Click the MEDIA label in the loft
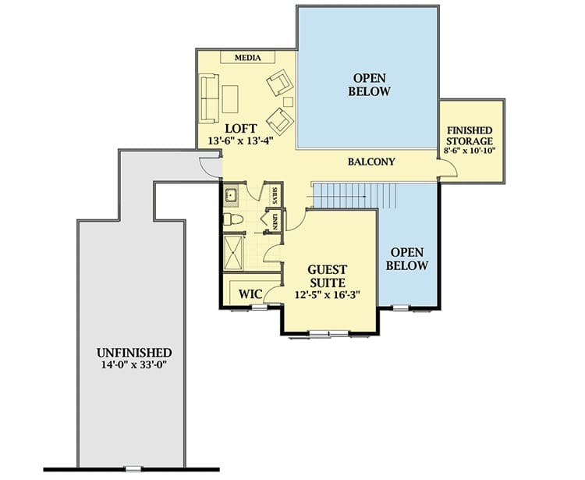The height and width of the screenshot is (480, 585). pos(248,58)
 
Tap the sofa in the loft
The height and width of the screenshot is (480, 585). pos(209,98)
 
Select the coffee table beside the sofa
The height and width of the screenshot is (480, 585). pos(230,99)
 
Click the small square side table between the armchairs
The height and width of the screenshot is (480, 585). pos(288,101)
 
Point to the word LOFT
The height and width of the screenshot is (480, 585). pos(241,129)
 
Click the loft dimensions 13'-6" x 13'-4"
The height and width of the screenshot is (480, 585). pos(241,141)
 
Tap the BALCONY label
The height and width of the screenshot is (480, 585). pos(371,162)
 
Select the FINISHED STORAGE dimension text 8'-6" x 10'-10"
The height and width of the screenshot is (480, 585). pos(470,151)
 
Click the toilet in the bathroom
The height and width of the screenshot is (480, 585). pos(232,219)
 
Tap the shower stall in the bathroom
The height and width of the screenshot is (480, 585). pos(233,252)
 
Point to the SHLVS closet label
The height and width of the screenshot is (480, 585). pos(275,195)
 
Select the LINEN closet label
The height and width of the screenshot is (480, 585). pos(275,222)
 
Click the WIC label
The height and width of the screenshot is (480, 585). pos(250,293)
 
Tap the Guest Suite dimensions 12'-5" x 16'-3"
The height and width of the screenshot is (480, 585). pos(327,295)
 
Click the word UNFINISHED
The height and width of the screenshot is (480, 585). pos(134,353)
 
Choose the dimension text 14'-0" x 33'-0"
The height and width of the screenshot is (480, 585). pos(134,364)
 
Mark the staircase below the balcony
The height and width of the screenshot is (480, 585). pos(353,196)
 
